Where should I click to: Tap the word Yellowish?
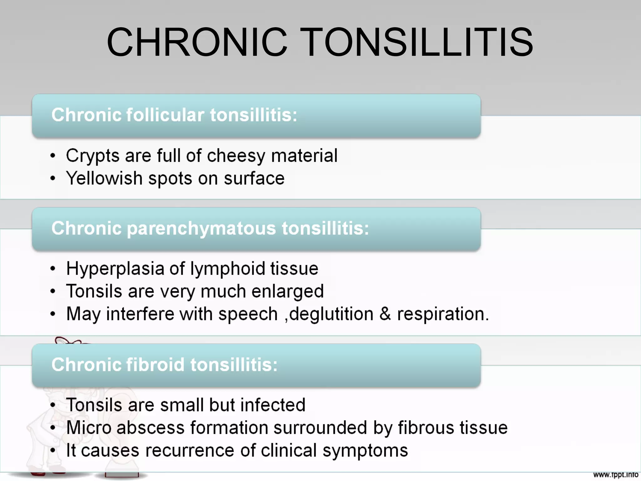pyautogui.click(x=105, y=178)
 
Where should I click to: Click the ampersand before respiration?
pyautogui.click(x=385, y=314)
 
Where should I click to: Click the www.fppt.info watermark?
pyautogui.click(x=616, y=475)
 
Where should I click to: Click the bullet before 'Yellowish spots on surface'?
pyautogui.click(x=53, y=178)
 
